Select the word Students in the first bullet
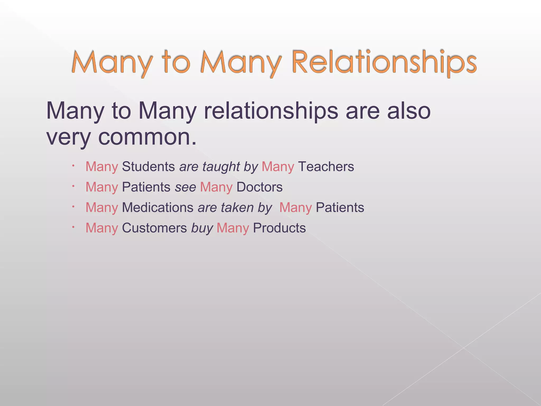148,167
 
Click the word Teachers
326,167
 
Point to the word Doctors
259,187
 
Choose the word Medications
158,207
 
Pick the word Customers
154,228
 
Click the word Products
279,228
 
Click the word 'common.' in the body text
147,137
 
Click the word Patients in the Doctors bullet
146,187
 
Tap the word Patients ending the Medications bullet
340,207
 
